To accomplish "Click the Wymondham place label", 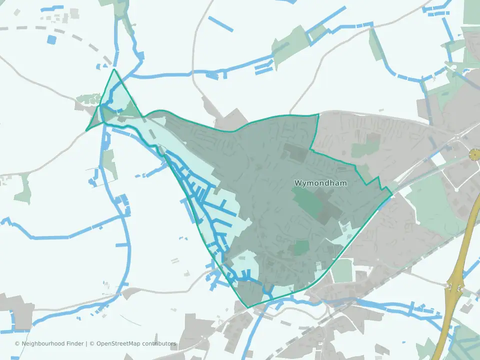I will (x=320, y=183).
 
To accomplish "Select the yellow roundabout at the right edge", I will (x=473, y=156).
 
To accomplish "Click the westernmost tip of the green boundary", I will (x=86, y=131).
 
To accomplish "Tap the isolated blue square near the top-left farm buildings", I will (x=51, y=39).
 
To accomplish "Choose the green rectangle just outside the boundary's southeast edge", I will (x=342, y=270).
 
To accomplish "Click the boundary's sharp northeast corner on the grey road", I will (x=318, y=114).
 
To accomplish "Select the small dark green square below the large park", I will (x=301, y=247).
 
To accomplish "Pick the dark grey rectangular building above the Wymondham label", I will (x=295, y=152).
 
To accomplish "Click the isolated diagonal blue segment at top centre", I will (x=220, y=24).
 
